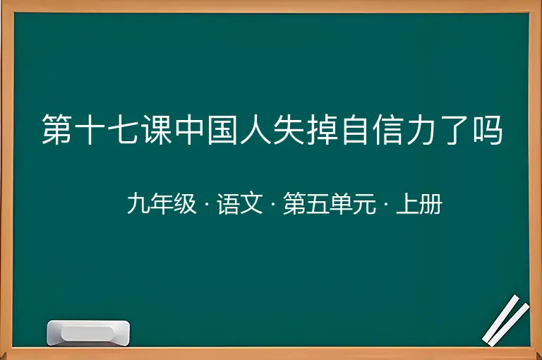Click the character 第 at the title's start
pos(56,129)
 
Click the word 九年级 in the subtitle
pos(162,204)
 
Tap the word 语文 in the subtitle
pos(240,204)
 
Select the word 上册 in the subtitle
pos(419,204)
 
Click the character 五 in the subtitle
pos(318,204)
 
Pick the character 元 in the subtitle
pos(364,204)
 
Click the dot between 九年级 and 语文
pos(207,204)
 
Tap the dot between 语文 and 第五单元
pos(273,204)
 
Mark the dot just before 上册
pos(386,204)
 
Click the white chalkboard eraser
pos(88,332)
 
